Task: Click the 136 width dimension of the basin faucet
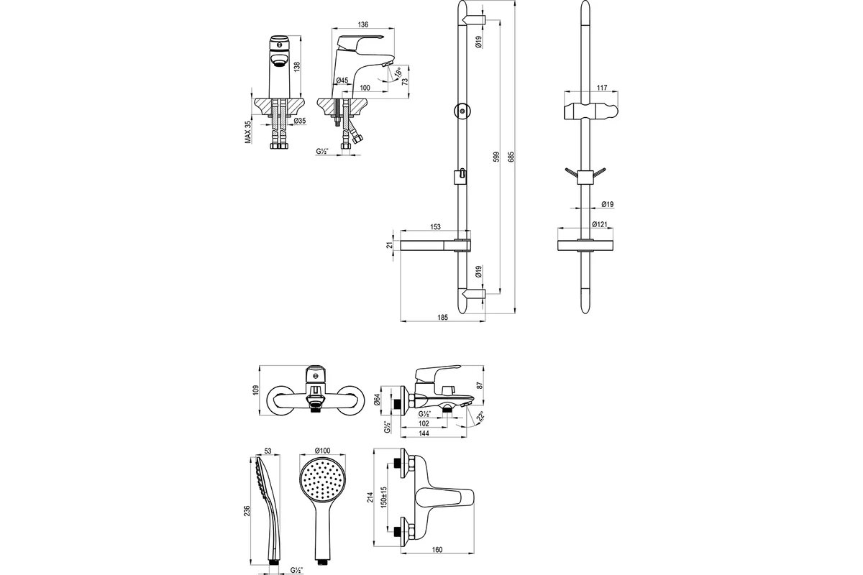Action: [x=363, y=24]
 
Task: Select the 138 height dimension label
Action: [x=296, y=67]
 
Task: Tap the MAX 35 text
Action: [x=247, y=132]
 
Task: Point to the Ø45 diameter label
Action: [x=342, y=80]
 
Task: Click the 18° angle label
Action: [x=398, y=72]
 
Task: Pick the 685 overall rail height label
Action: [x=511, y=157]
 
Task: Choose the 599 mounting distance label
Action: [x=497, y=157]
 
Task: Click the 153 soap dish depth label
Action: [x=435, y=227]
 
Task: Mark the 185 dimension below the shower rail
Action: [x=443, y=318]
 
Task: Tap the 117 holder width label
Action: [x=602, y=88]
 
